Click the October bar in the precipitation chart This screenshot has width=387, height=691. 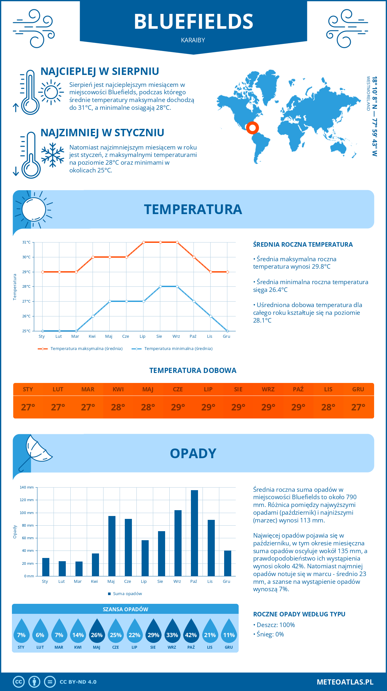coord(194,533)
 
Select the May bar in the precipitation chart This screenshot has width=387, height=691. coord(112,546)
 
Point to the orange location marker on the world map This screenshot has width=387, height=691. coord(252,128)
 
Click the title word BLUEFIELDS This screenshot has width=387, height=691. coord(193,22)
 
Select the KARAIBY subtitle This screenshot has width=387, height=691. coord(193,40)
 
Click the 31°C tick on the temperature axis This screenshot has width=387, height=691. coord(26,242)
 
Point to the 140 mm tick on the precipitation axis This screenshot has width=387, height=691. coord(27,487)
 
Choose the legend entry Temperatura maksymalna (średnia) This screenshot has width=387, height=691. coord(86,349)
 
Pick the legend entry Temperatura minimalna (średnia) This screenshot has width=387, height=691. coord(178,349)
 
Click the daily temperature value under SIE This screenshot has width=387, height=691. coord(238,407)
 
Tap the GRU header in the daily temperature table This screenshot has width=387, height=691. coord(358,389)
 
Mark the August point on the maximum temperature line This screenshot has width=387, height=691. coord(160,242)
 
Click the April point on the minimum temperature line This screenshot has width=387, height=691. coord(93,316)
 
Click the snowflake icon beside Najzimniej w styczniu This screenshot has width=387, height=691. coord(53,155)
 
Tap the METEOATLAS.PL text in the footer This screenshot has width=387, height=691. coord(345,682)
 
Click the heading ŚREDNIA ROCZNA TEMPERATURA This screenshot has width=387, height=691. coord(303,245)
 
